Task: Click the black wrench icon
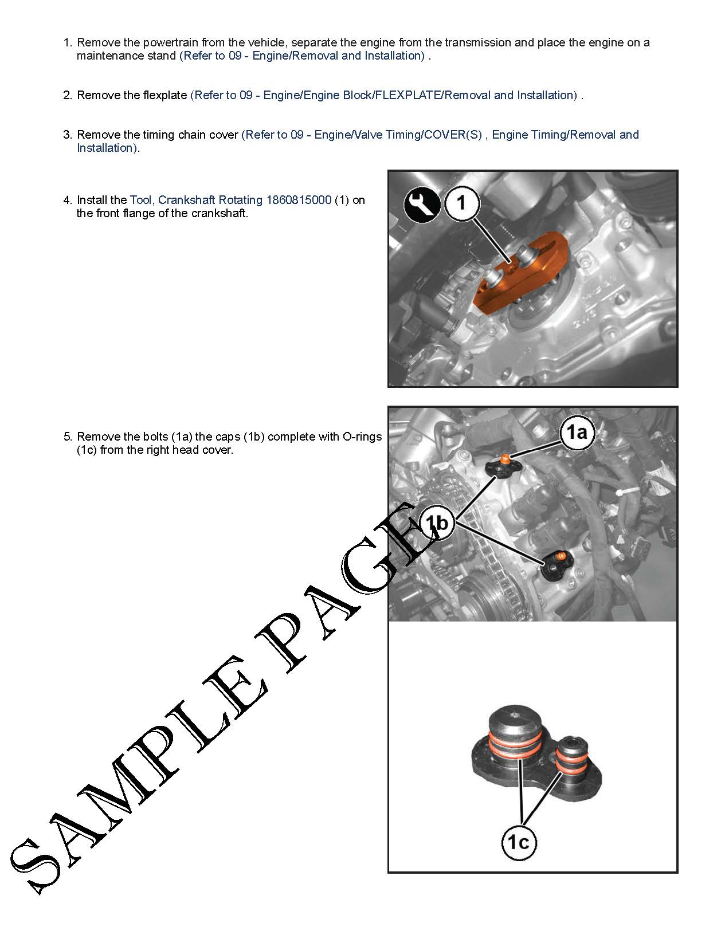point(421,206)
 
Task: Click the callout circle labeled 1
point(461,203)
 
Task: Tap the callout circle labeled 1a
point(577,433)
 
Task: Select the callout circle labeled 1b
point(437,523)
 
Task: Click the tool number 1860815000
point(299,199)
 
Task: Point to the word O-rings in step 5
point(362,437)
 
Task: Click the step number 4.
point(68,199)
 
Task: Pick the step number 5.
point(68,437)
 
